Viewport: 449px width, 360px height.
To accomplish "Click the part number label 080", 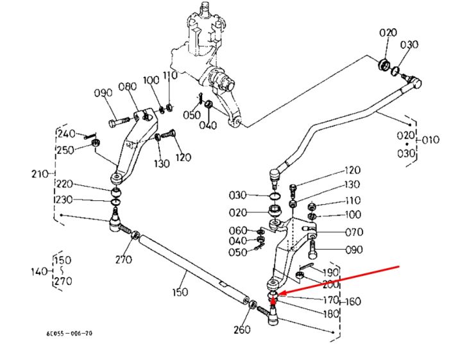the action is (128, 87).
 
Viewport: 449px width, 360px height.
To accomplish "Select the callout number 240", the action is (67, 133).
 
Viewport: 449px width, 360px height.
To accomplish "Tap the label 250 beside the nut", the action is (65, 150).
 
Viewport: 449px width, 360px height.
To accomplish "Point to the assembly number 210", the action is (40, 174).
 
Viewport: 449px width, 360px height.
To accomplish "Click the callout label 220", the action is (65, 184).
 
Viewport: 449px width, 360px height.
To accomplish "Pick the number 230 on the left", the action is (64, 200).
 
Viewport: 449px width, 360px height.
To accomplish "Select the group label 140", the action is (40, 271).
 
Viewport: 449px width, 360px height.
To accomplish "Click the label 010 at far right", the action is (430, 140).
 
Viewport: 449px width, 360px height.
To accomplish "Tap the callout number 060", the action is (238, 230).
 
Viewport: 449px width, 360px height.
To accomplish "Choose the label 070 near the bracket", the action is (354, 232).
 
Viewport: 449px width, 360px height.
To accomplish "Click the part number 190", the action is (331, 272).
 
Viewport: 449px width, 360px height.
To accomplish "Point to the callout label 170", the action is (331, 300).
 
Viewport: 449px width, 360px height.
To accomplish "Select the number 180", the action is (331, 314).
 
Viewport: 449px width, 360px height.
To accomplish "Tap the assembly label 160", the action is (353, 302).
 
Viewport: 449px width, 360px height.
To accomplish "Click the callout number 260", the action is (242, 330).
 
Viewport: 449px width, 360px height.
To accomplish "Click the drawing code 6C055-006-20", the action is (69, 333).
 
